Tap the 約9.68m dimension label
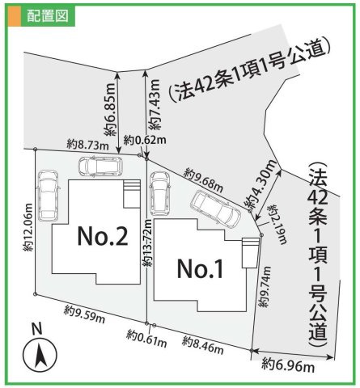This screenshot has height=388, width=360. click(x=202, y=177)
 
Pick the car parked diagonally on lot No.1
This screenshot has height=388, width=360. click(x=215, y=210)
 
